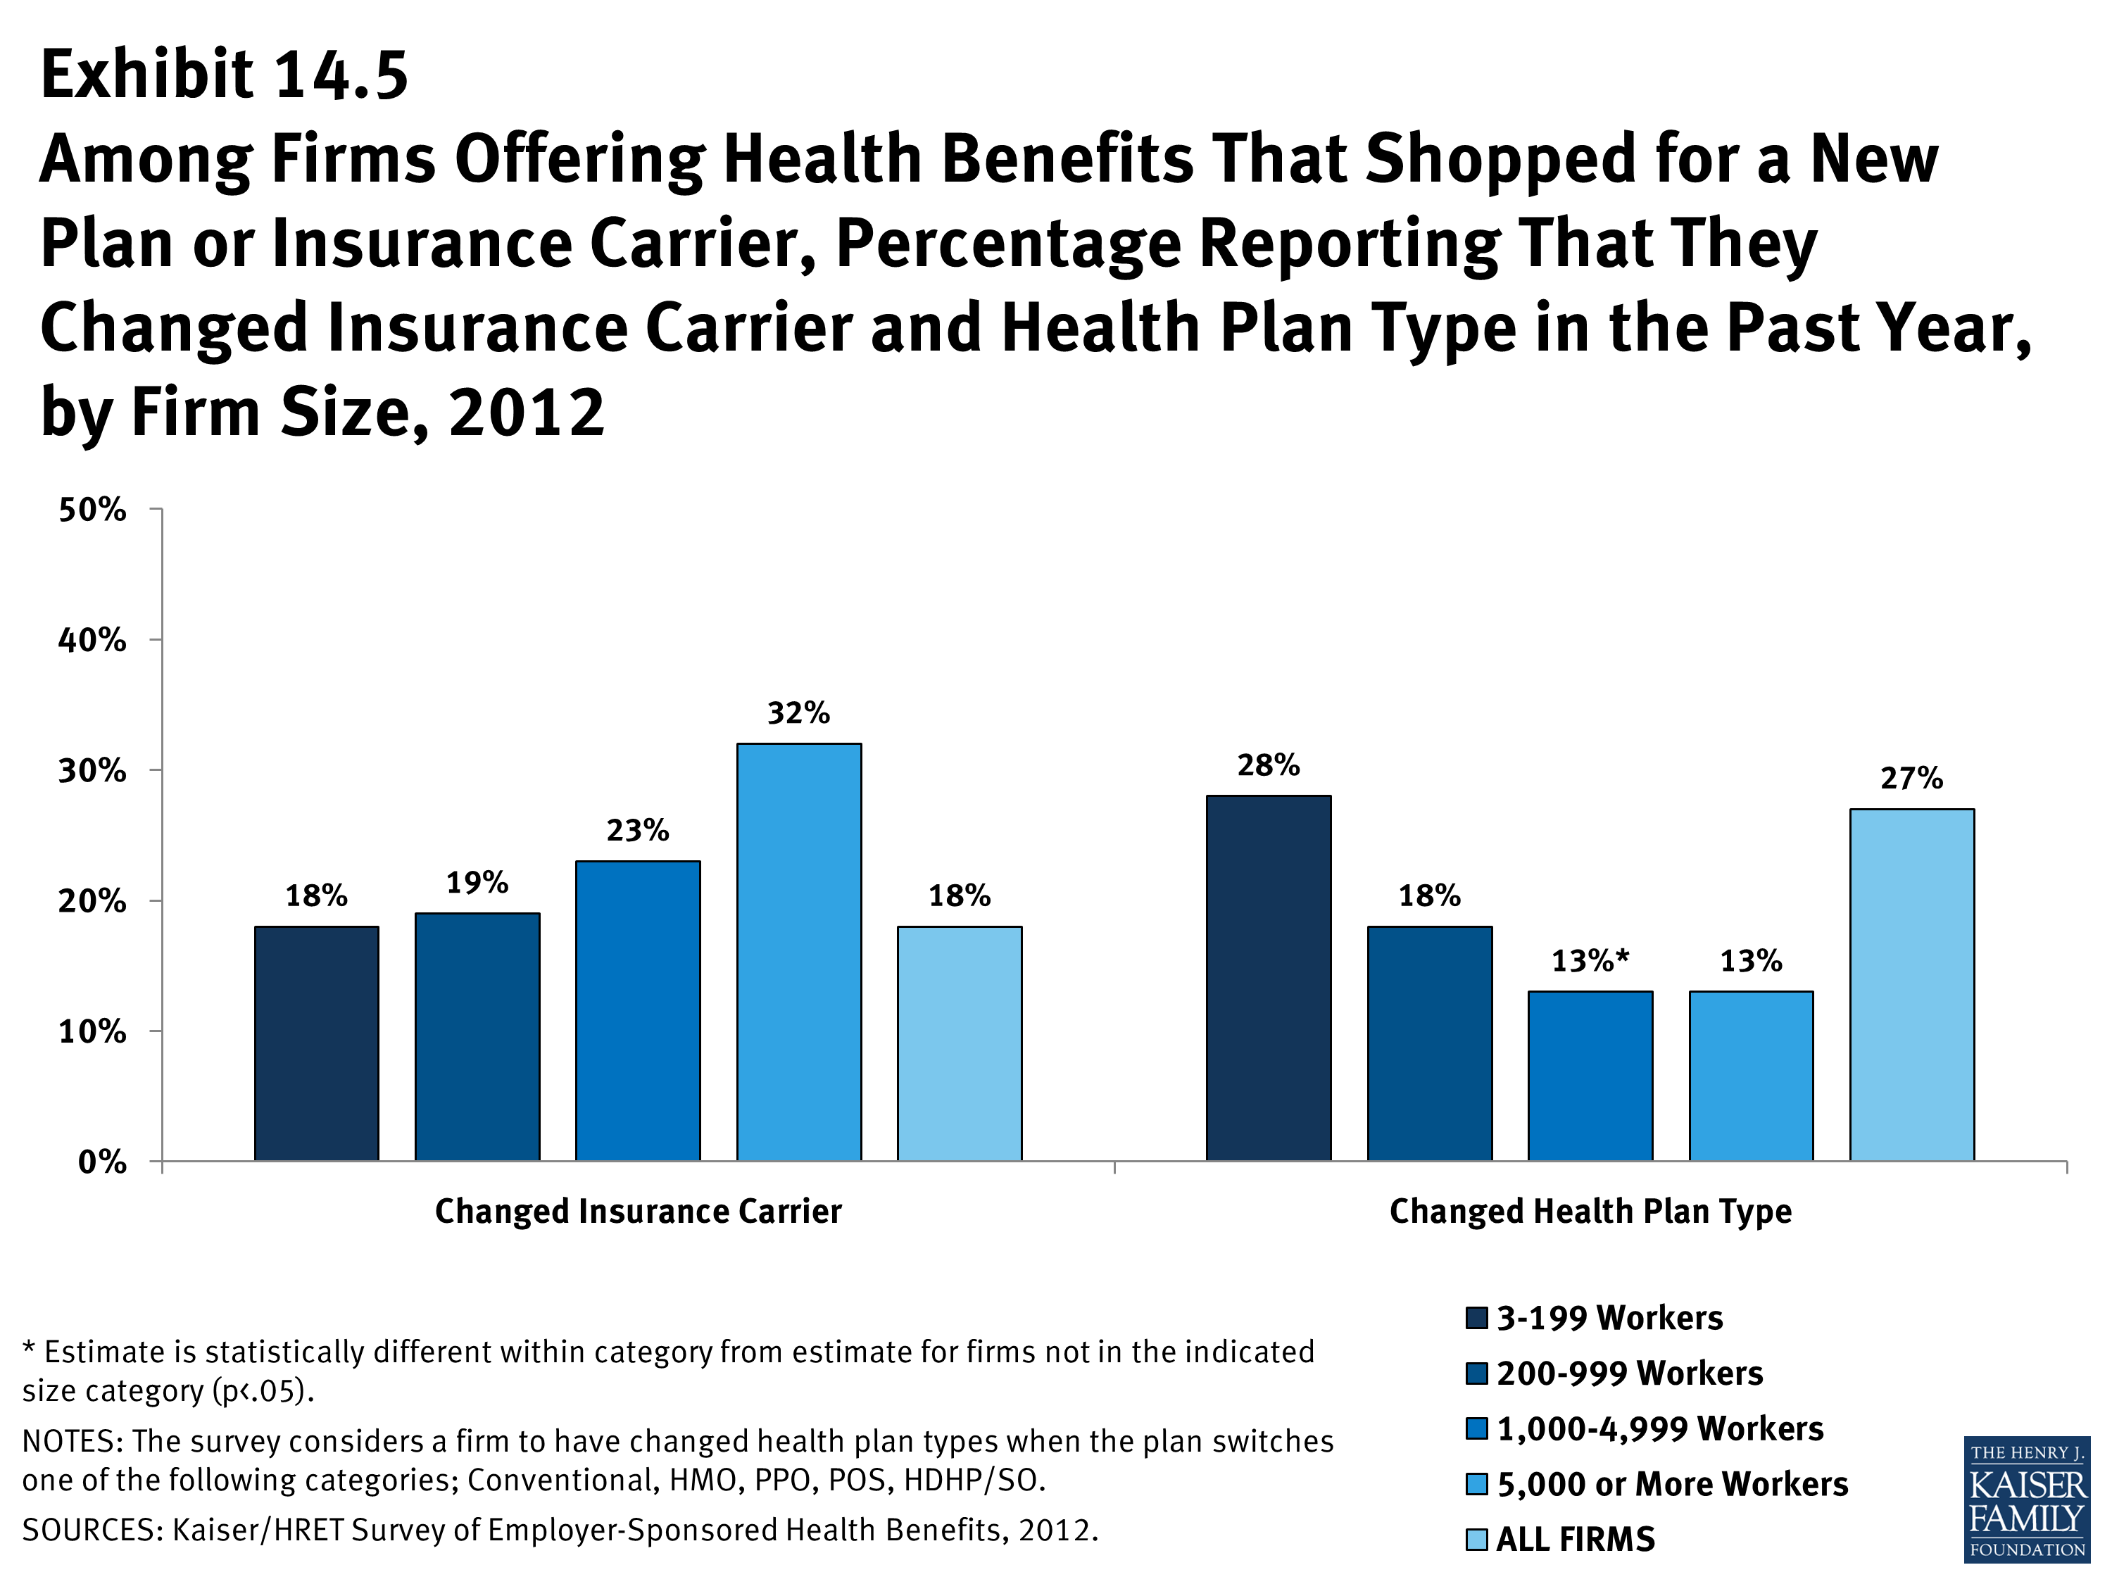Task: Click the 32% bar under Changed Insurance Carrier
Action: click(x=798, y=952)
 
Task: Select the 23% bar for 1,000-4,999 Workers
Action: click(x=637, y=1010)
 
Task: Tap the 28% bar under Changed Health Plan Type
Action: click(x=1268, y=978)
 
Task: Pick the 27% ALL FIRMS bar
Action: click(x=1911, y=984)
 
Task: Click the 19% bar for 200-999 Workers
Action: click(x=477, y=1037)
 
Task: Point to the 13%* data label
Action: click(x=1590, y=960)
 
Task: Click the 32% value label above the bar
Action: click(x=798, y=713)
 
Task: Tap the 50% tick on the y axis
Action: click(x=93, y=510)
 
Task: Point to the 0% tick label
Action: click(x=102, y=1162)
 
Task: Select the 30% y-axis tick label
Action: click(x=93, y=770)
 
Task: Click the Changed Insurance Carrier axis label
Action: click(x=638, y=1212)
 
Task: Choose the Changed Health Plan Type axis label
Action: click(x=1590, y=1212)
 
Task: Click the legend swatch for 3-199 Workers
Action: click(x=1476, y=1319)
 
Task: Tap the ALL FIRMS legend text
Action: click(x=1576, y=1539)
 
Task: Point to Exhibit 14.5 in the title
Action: click(x=225, y=75)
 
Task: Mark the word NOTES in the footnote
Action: click(x=72, y=1441)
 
